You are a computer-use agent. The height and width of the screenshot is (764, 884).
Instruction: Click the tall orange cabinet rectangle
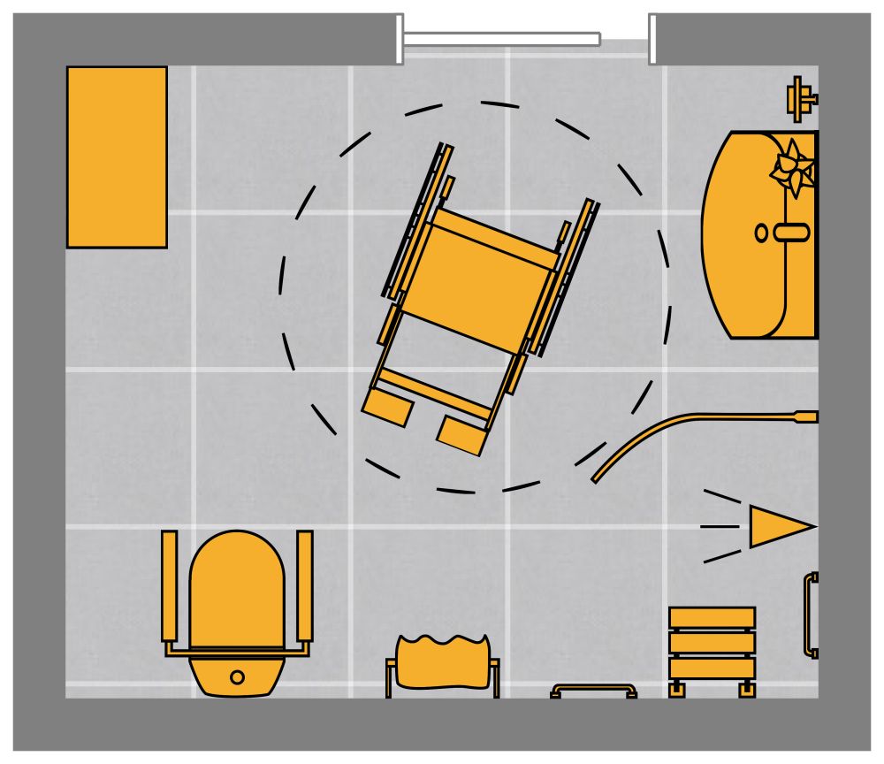(x=117, y=157)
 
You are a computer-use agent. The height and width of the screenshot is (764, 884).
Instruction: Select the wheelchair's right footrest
(x=462, y=434)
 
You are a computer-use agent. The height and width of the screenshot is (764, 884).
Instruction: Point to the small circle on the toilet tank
(x=237, y=677)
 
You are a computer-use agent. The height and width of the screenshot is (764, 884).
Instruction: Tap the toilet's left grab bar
(x=170, y=585)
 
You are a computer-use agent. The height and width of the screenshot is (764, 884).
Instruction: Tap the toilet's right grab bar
(x=305, y=585)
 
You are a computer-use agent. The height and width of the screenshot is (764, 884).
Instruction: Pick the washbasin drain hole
(x=762, y=233)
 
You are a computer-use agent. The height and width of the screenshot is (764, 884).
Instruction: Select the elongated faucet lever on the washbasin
(x=792, y=233)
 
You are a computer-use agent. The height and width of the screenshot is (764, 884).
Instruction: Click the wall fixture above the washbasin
(x=801, y=98)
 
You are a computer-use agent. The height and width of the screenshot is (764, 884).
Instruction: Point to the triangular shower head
(x=778, y=527)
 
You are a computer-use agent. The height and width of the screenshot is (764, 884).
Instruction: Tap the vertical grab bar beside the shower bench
(x=810, y=615)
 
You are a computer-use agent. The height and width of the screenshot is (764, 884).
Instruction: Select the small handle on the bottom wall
(x=594, y=690)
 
